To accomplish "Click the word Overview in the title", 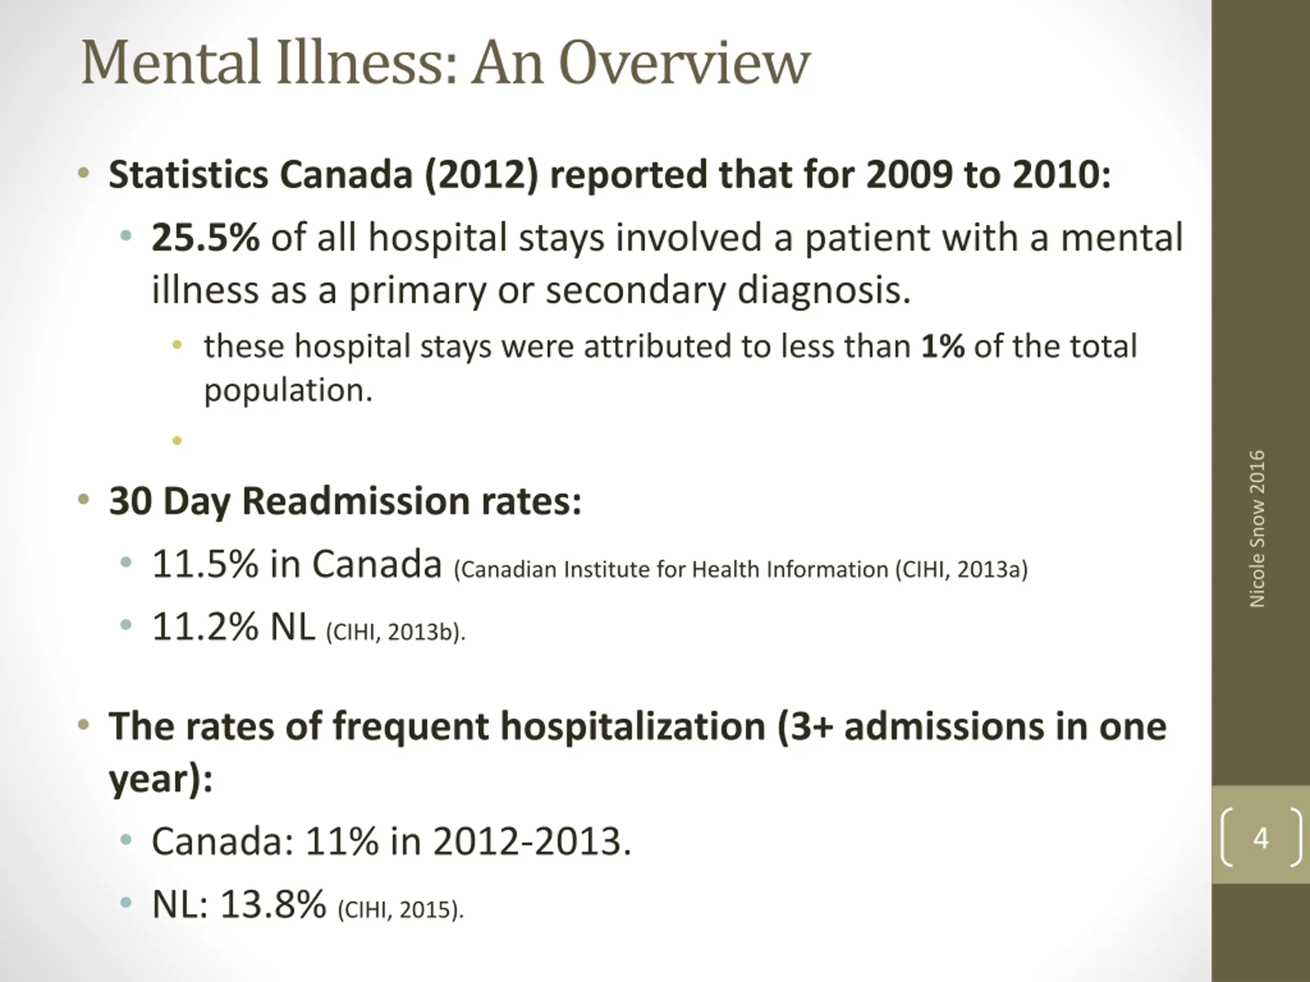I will [x=684, y=63].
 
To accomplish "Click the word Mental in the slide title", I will [x=170, y=63].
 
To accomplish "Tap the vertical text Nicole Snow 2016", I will [x=1257, y=528].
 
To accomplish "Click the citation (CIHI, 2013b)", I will [x=396, y=632].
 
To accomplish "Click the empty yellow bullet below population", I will [x=177, y=440].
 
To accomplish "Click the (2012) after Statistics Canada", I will [x=481, y=175].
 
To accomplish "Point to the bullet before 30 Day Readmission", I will [x=83, y=500].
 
